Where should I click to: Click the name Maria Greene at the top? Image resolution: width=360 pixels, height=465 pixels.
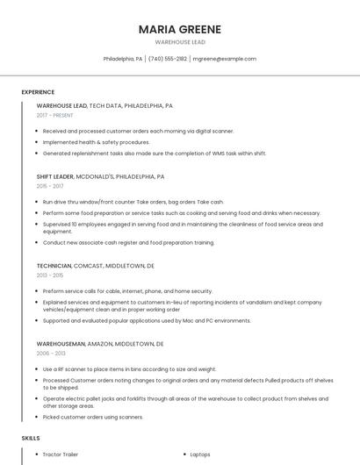180,29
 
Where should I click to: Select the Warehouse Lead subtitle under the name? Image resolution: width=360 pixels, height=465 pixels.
180,42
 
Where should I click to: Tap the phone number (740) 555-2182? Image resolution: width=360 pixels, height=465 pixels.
168,59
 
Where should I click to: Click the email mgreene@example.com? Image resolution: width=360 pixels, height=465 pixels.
225,59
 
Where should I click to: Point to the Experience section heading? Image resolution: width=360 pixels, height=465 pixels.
38,92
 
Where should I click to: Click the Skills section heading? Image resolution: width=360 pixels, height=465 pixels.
31,437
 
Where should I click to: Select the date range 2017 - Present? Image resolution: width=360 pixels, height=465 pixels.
55,116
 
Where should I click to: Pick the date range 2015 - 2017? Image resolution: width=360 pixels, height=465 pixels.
50,186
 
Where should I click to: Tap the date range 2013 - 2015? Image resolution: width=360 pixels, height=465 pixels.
50,275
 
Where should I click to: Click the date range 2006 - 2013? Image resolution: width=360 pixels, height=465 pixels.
51,354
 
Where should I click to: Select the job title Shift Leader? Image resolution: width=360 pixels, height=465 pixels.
55,176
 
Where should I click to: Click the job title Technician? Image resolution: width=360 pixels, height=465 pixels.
54,265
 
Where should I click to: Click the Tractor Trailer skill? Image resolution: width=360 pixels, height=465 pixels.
61,454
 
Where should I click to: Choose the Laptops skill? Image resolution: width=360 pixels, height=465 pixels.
200,454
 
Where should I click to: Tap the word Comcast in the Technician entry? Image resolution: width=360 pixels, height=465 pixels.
93,265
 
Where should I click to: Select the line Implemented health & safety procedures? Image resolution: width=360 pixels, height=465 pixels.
97,142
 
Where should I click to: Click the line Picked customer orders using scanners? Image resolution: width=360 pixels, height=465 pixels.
93,417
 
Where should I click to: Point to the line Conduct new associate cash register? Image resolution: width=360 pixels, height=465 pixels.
128,242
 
